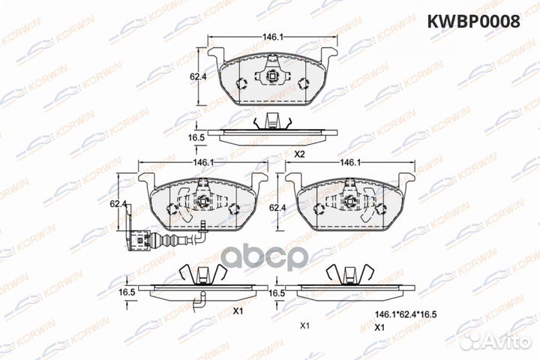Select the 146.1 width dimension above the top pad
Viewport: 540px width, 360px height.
(271, 35)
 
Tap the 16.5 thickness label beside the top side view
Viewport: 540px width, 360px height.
(196, 137)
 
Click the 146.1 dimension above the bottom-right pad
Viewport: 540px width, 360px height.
(346, 162)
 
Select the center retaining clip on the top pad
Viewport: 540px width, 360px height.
(271, 76)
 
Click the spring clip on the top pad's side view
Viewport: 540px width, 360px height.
(271, 121)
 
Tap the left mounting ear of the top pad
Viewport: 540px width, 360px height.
(215, 55)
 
